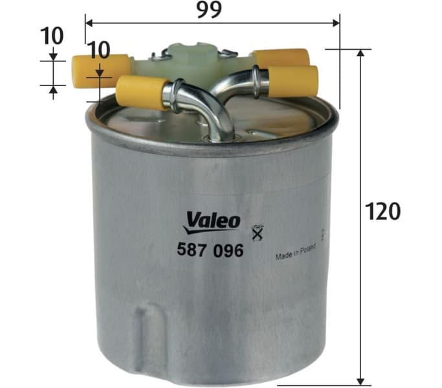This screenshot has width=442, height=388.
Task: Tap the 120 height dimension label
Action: (x=383, y=211)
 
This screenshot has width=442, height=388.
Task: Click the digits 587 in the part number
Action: (x=192, y=250)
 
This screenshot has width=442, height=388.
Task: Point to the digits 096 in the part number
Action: (x=228, y=250)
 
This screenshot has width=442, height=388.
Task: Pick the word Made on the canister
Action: (x=283, y=256)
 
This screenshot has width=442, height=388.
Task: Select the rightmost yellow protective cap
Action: (x=293, y=81)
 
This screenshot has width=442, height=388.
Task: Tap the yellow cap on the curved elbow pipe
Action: (x=142, y=91)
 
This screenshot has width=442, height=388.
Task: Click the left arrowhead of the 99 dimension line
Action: (x=89, y=23)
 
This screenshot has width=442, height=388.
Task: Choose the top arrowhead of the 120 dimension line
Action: (x=360, y=52)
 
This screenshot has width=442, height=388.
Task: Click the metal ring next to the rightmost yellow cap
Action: (x=261, y=82)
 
